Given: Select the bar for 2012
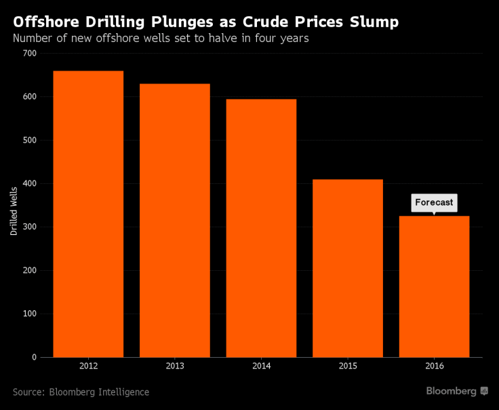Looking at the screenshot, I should point(88,214).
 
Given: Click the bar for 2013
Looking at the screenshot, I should point(175,221).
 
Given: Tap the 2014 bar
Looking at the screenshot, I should point(261,228).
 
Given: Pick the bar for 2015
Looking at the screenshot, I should point(348,268).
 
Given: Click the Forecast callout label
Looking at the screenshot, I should point(434,202).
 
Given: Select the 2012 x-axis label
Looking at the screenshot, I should point(88,367).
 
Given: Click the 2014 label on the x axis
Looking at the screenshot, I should point(261,367).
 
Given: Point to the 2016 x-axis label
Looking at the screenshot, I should point(434,367).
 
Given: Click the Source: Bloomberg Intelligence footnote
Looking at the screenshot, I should point(81,392).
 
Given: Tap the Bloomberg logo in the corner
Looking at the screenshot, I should point(456,392).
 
